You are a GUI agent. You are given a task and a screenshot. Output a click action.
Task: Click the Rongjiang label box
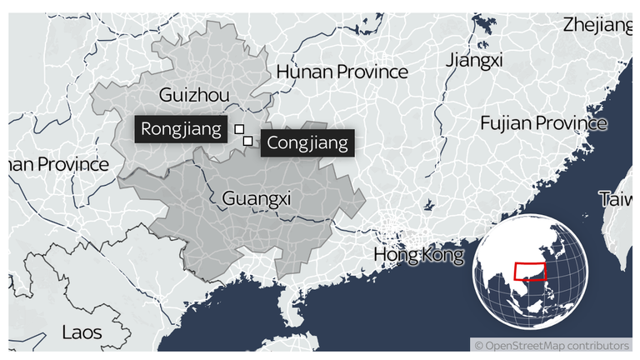click(x=181, y=129)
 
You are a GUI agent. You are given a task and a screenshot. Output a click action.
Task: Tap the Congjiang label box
click(x=307, y=143)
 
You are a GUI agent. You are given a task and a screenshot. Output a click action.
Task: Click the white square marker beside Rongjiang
click(x=239, y=129)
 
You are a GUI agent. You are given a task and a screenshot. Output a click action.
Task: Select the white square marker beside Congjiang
click(x=247, y=141)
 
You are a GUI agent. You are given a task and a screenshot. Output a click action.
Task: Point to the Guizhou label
click(x=193, y=96)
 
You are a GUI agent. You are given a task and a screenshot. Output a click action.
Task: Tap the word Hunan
click(x=304, y=72)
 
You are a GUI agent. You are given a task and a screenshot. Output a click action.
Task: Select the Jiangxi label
click(x=474, y=60)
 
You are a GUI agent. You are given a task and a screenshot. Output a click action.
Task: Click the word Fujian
click(x=506, y=123)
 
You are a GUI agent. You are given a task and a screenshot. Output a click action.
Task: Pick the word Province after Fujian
click(x=572, y=123)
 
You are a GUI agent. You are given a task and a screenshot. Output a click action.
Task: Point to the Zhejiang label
click(x=597, y=25)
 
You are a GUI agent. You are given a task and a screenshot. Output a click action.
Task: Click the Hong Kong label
click(x=418, y=254)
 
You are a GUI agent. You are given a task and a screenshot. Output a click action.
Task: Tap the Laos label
click(x=82, y=332)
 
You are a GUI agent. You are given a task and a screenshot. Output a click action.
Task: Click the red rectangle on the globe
click(x=530, y=272)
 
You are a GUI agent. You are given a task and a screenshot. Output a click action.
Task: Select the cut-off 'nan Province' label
click(x=58, y=164)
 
